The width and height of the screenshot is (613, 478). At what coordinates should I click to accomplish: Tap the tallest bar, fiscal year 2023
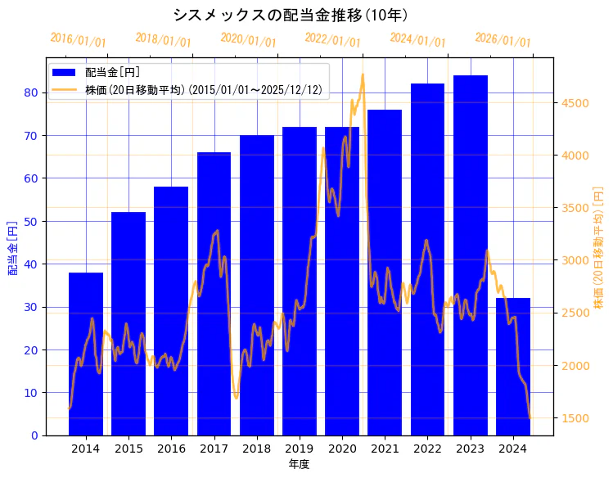coord(471,255)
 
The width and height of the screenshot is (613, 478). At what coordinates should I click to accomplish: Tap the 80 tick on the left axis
coord(31,92)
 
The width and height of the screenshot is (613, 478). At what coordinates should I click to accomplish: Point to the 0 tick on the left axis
coord(34,435)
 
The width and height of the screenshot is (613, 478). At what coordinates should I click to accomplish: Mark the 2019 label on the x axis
coord(300,449)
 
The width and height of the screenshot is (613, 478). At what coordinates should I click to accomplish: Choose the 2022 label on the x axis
coord(427,449)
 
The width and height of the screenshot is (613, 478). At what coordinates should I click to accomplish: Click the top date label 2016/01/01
coord(78,40)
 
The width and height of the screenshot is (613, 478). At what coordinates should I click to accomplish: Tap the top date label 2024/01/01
coord(417,40)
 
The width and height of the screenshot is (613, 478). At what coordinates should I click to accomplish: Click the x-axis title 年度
coord(299,464)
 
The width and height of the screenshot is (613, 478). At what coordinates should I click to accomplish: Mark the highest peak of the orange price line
coord(363,75)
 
